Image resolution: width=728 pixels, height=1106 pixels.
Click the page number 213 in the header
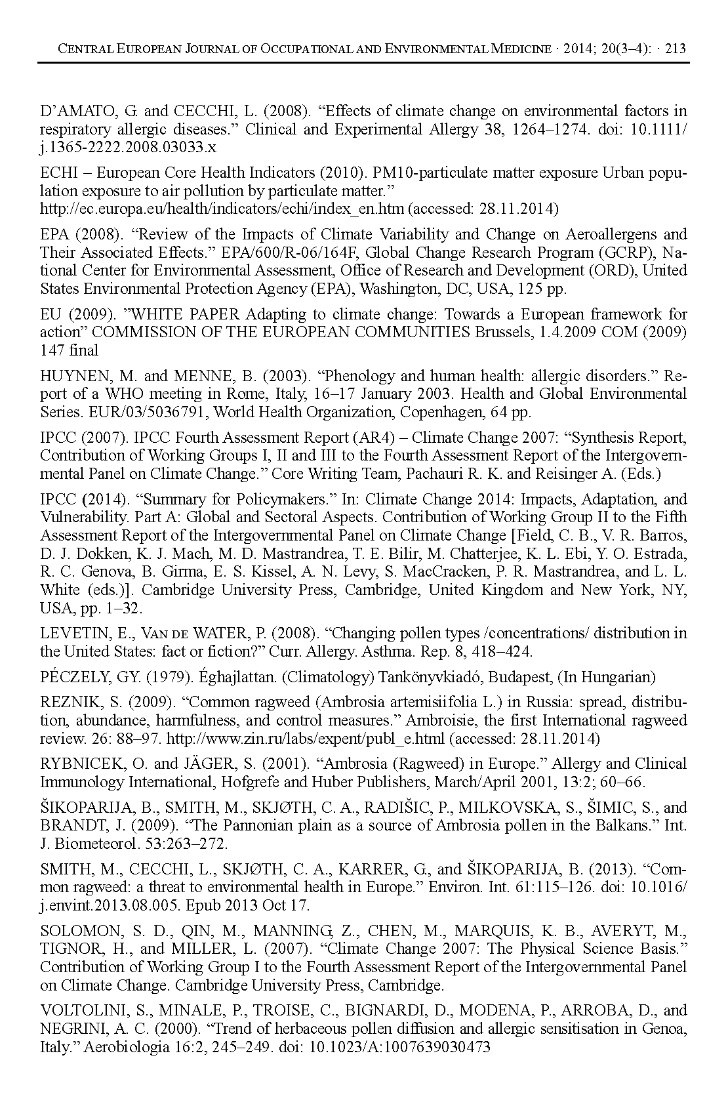coord(675,49)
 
